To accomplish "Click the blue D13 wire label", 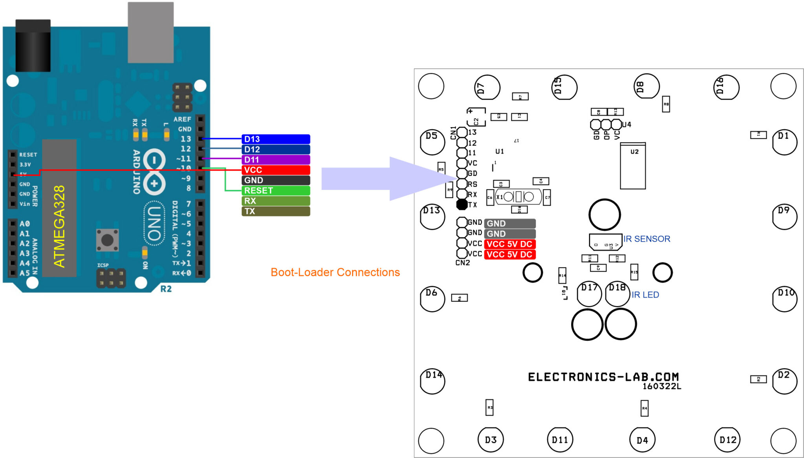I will pyautogui.click(x=276, y=139).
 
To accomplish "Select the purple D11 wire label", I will pyautogui.click(x=276, y=160).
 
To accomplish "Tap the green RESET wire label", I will pyautogui.click(x=276, y=191).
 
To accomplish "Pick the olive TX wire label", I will pyautogui.click(x=276, y=211).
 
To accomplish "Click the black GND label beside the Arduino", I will pyautogui.click(x=276, y=181).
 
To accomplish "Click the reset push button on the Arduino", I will pyautogui.click(x=107, y=240).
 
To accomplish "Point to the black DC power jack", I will pyautogui.click(x=33, y=46).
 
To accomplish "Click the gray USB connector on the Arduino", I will pyautogui.click(x=151, y=33).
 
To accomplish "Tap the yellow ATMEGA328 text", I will pyautogui.click(x=59, y=226).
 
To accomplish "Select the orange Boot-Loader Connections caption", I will pyautogui.click(x=335, y=272).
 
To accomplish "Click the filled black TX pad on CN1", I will pyautogui.click(x=462, y=204).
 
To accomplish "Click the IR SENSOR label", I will pyautogui.click(x=647, y=239).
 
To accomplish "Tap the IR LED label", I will pyautogui.click(x=645, y=295).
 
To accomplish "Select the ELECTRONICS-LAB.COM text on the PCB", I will pyautogui.click(x=603, y=377).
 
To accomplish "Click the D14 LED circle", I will pyautogui.click(x=432, y=381).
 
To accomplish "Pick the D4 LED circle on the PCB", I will pyautogui.click(x=642, y=440).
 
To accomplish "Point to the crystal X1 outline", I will pyautogui.click(x=518, y=197).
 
